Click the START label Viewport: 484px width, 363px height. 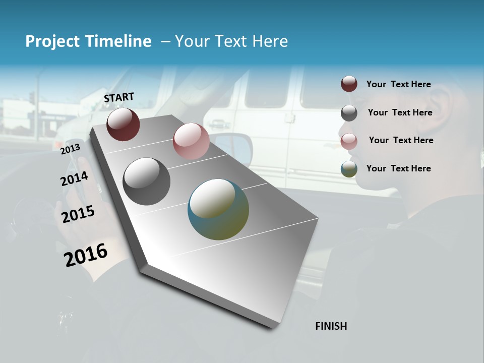(119, 97)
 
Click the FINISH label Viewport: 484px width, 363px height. (331, 326)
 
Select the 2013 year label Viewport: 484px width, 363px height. (70, 149)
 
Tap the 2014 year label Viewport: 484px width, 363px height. (74, 178)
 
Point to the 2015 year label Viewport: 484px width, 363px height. (78, 214)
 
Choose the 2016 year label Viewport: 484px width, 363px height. (86, 255)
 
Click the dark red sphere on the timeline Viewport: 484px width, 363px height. (123, 124)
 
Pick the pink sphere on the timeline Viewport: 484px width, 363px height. (191, 141)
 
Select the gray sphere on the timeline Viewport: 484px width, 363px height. (146, 181)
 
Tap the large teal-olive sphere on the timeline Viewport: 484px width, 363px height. (218, 209)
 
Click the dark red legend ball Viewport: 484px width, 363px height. (349, 84)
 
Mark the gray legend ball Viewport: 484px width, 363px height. (349, 113)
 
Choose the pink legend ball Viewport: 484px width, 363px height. (349, 141)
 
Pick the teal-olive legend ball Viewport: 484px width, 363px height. (349, 169)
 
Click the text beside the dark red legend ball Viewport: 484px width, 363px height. (398, 85)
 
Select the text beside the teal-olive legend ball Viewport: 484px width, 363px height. (398, 168)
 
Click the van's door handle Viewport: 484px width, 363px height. (219, 124)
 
